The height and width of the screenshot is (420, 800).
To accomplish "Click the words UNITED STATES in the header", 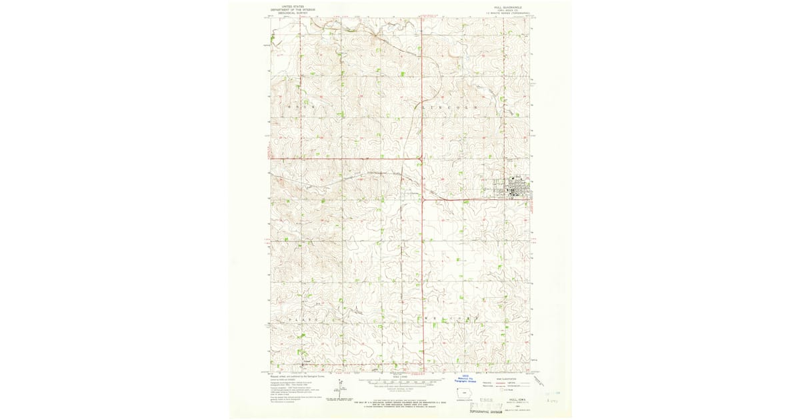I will coord(292,6).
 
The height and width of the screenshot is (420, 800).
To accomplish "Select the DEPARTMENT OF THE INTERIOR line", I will coord(292,9).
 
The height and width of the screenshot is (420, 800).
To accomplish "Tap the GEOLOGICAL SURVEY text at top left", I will coord(292,13).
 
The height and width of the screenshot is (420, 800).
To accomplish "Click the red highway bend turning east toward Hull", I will coord(424,197).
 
